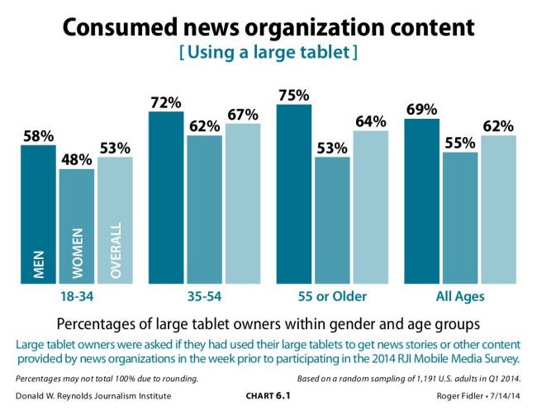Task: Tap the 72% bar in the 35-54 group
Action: click(166, 198)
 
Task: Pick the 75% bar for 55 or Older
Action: click(294, 195)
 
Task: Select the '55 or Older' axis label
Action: click(332, 295)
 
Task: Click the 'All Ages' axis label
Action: click(460, 295)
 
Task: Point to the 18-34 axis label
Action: click(76, 295)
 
